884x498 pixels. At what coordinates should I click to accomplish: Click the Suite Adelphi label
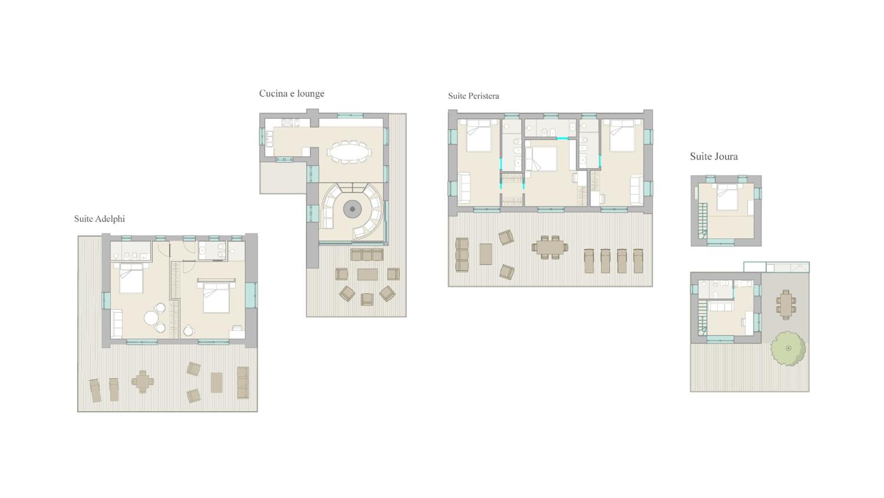pos(99,219)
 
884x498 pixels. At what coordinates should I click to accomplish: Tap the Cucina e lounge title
pos(291,93)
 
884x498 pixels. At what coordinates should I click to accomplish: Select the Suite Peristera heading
pos(474,96)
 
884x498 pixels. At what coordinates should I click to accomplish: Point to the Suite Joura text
pos(714,156)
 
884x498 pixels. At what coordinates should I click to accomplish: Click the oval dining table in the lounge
pos(349,152)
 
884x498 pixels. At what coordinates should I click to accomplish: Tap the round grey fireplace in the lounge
pos(352,209)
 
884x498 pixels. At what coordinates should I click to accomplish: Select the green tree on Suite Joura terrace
pos(788,348)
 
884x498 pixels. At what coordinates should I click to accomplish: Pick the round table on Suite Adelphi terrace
pos(143,381)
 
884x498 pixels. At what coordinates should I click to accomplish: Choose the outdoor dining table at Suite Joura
pos(786,305)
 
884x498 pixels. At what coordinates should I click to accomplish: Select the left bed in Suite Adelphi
pos(131,278)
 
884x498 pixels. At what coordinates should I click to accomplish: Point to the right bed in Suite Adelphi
pos(216,298)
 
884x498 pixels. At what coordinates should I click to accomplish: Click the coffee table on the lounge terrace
pos(367,274)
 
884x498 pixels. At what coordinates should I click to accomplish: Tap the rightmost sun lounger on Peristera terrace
pos(638,261)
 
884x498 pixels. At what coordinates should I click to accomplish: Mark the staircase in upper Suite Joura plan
pos(703,221)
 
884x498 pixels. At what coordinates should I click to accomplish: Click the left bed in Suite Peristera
pos(479,135)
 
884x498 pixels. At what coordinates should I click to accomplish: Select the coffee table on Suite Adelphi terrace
pos(216,383)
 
